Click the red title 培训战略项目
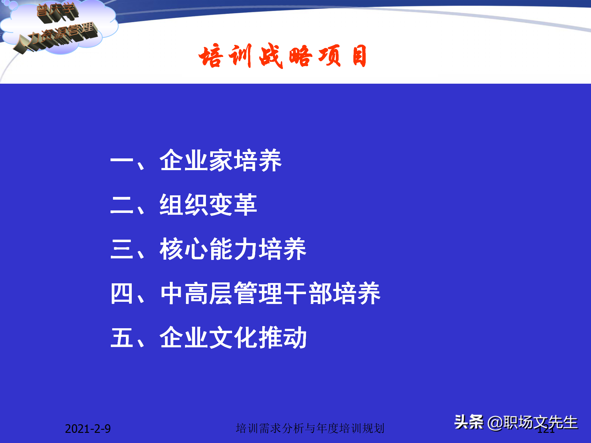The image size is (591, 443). click(282, 56)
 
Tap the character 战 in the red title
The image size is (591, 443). click(271, 56)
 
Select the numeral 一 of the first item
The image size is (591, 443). click(122, 161)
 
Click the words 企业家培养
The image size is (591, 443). click(220, 160)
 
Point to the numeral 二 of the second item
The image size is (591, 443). click(122, 205)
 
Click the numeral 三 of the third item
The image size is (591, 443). click(122, 249)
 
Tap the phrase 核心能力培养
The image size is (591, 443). click(233, 249)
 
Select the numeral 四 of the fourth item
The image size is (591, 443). click(122, 293)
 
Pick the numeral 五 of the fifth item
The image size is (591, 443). click(122, 338)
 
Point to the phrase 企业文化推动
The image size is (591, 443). click(233, 337)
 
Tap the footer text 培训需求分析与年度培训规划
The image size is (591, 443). click(310, 428)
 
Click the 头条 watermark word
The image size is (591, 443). click(468, 422)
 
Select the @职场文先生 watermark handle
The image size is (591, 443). click(533, 423)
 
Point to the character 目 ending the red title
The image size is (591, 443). click(359, 56)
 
